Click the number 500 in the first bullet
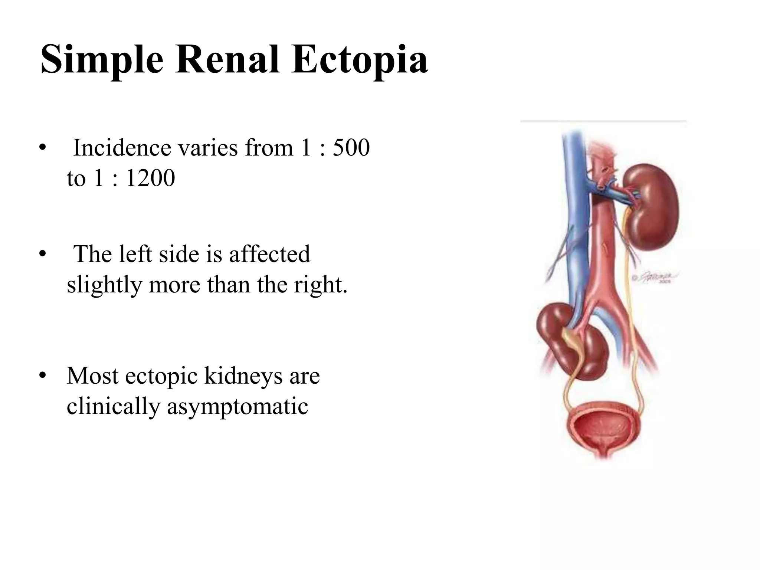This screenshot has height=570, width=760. (351, 148)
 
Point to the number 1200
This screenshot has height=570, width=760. (150, 178)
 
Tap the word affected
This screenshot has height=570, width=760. (269, 254)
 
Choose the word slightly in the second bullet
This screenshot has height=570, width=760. (104, 285)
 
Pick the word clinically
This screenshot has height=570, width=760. (114, 407)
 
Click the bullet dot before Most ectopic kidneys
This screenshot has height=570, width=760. (43, 376)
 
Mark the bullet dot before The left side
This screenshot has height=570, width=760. (43, 254)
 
